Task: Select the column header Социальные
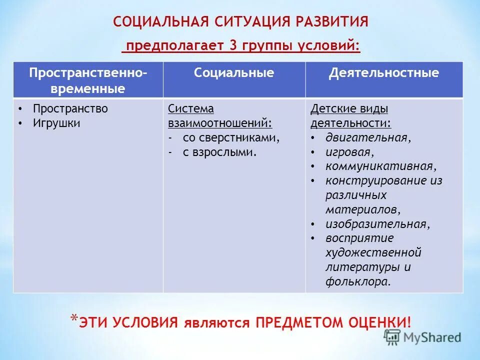[x=234, y=73]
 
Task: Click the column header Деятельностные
[x=383, y=73]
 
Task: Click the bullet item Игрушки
[x=56, y=123]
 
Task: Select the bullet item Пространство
[x=70, y=108]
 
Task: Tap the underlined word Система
[x=190, y=108]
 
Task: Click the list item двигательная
[x=368, y=137]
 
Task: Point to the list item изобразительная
[x=377, y=224]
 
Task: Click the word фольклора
[x=357, y=281]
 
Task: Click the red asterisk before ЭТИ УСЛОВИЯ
[x=73, y=318]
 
